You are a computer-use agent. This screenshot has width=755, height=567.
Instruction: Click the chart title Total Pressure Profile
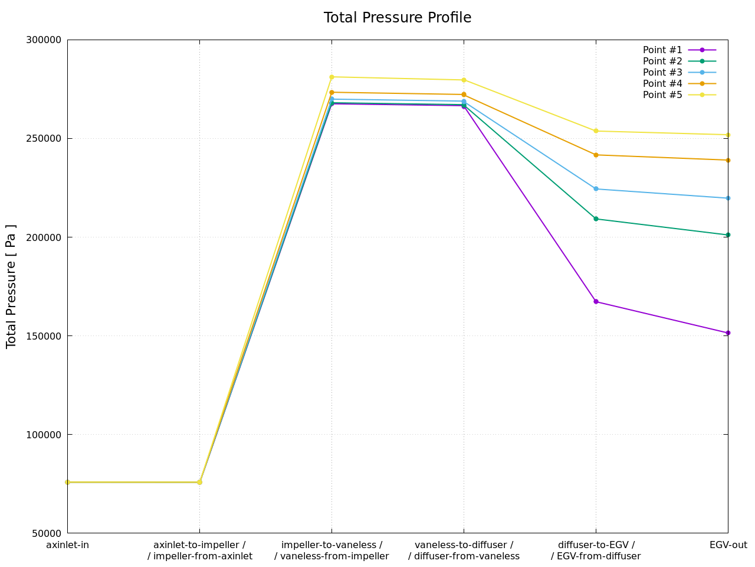(397, 18)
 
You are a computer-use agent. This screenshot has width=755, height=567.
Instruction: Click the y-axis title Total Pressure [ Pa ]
(11, 286)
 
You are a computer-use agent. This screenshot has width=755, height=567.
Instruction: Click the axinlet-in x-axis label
(67, 545)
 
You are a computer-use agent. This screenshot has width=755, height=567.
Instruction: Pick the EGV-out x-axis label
(728, 545)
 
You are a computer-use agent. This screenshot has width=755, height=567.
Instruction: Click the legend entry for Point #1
(662, 50)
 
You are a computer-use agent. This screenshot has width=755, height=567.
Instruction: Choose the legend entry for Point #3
(662, 73)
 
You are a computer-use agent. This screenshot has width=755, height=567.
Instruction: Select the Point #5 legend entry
(662, 95)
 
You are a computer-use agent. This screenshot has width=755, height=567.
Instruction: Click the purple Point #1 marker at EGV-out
(728, 333)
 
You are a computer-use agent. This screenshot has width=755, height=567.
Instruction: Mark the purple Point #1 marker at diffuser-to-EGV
(596, 302)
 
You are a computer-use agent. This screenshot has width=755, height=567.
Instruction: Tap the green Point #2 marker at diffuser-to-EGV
(596, 219)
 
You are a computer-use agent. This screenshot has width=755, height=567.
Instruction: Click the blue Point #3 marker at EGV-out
(728, 198)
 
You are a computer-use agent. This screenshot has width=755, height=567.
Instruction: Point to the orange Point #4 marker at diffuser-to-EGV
(596, 155)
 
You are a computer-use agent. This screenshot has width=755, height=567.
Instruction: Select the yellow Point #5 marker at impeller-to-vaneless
(331, 77)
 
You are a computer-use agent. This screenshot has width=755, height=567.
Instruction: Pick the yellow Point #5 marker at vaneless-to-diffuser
(464, 80)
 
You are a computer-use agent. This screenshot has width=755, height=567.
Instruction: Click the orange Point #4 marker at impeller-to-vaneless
(331, 92)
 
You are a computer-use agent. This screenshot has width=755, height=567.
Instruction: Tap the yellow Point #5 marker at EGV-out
(728, 135)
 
